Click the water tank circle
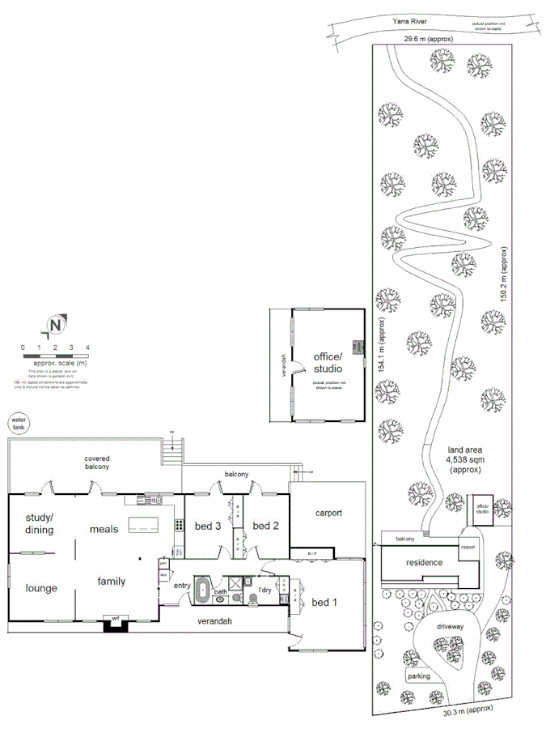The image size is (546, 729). click(18, 423)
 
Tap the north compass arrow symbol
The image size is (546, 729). click(55, 326)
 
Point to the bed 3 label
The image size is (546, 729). click(207, 526)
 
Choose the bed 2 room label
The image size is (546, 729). click(265, 526)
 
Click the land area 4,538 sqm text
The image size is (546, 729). click(462, 458)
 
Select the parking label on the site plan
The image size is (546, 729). click(418, 676)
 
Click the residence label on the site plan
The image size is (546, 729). click(424, 562)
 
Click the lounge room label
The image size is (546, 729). click(40, 587)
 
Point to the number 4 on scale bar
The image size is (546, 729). click(87, 347)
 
